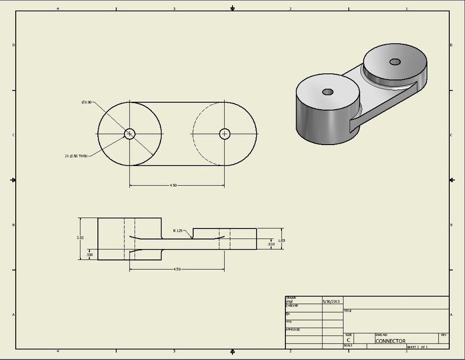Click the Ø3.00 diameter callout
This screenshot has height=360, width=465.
click(x=86, y=102)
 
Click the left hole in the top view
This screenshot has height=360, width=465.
click(x=129, y=133)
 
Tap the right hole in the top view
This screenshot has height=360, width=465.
click(x=225, y=133)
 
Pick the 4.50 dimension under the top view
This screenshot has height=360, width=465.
click(x=176, y=186)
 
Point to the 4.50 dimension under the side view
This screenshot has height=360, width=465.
click(x=176, y=269)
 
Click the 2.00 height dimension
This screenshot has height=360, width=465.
click(x=80, y=238)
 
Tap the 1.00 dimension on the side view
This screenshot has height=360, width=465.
click(x=281, y=240)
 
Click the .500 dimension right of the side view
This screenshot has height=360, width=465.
click(x=271, y=244)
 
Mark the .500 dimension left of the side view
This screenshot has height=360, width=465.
click(x=89, y=255)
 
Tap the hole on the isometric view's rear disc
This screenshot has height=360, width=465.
click(x=394, y=61)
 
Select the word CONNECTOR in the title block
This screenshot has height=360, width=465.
click(x=390, y=341)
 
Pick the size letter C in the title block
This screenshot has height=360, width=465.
click(x=348, y=340)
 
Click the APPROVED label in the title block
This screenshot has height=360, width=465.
click(x=293, y=330)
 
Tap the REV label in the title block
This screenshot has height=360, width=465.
click(x=444, y=335)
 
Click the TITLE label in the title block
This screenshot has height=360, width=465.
click(x=347, y=310)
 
